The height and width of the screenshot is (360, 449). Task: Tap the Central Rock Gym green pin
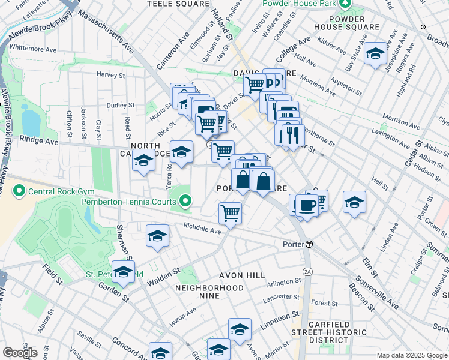19,192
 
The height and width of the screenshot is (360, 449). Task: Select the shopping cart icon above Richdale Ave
230,212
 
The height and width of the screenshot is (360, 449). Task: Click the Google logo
20,353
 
